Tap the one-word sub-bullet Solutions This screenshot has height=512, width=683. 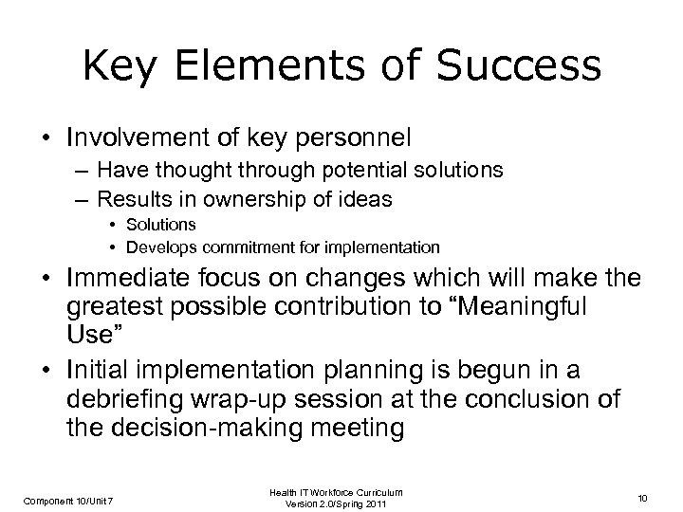[161, 225]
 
